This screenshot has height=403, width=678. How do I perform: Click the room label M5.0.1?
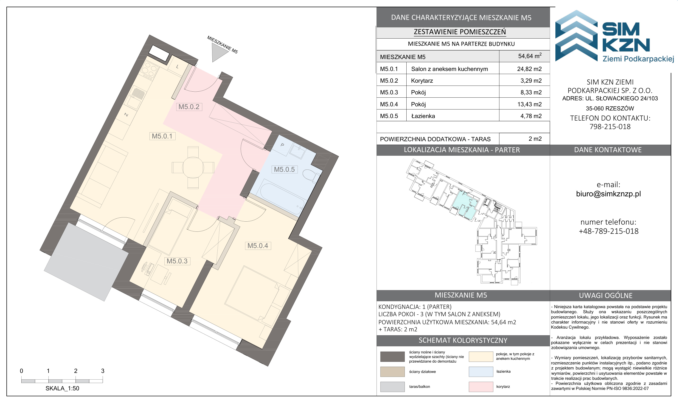click(x=162, y=136)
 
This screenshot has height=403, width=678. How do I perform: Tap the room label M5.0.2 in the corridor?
click(x=189, y=107)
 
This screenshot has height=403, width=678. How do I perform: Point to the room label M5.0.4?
click(x=258, y=245)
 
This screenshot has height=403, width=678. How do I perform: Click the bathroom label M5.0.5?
click(x=284, y=169)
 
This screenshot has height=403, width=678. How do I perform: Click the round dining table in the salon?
click(x=193, y=168)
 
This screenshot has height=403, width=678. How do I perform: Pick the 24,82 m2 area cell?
click(x=529, y=69)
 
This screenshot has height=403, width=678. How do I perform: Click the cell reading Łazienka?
click(x=423, y=116)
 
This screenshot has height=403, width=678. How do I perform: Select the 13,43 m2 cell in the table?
click(x=529, y=104)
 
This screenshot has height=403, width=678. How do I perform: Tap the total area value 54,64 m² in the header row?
click(x=530, y=56)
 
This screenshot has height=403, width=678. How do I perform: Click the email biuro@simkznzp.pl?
click(x=608, y=194)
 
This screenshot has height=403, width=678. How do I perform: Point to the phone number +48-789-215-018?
click(x=608, y=231)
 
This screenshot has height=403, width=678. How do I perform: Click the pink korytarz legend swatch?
click(x=481, y=387)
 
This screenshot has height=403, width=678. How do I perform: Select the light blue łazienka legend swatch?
click(x=481, y=372)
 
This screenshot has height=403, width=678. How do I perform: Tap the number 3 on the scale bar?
click(x=103, y=371)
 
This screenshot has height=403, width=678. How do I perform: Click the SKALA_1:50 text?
click(x=62, y=388)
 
